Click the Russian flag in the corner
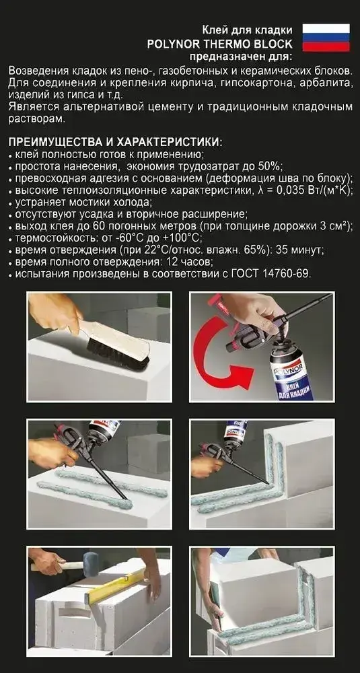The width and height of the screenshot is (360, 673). point(326,37)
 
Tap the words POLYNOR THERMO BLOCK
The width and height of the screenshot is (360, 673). point(219,43)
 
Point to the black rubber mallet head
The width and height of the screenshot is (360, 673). point(91,564)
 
